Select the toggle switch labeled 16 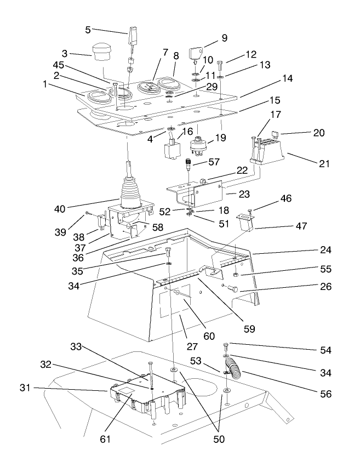(171, 147)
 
